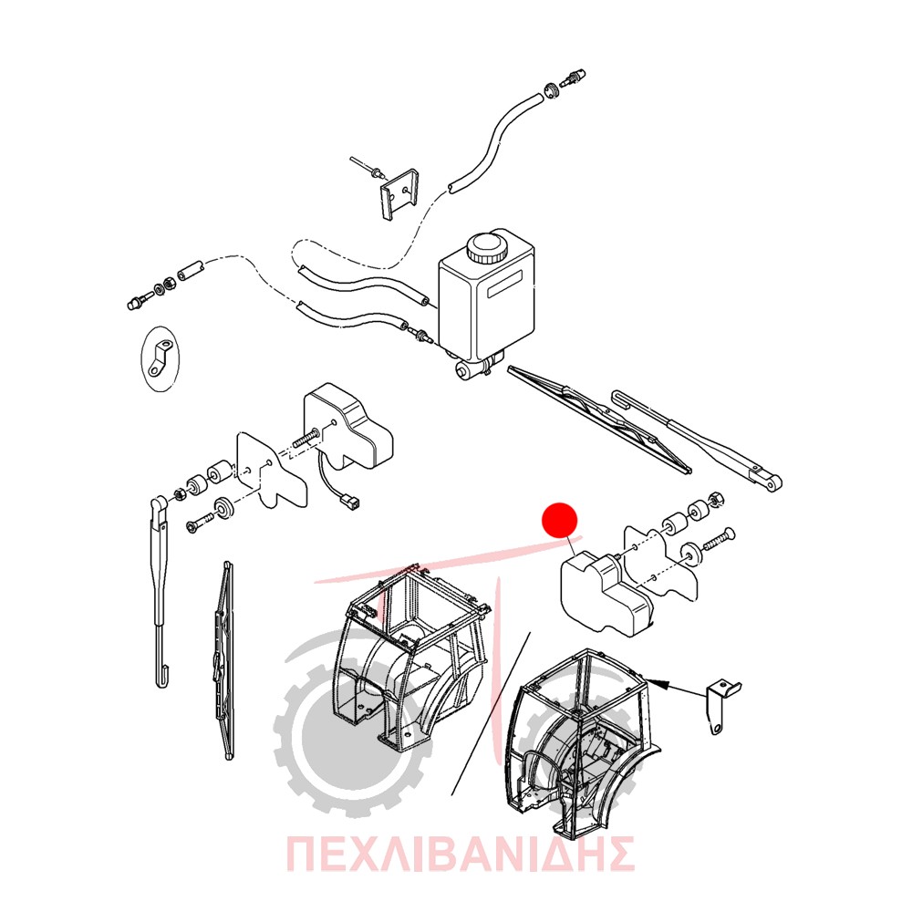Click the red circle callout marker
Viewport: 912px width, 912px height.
559,520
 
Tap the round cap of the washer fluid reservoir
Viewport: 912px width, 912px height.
486,248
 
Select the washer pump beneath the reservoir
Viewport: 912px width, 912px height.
476,367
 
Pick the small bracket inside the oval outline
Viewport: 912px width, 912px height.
160,358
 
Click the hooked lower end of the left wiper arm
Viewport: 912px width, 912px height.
163,679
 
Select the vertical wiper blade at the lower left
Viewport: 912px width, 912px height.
224,660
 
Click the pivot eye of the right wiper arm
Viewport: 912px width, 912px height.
772,482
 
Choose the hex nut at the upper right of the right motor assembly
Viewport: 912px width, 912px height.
715,500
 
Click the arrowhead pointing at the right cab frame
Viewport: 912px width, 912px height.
654,681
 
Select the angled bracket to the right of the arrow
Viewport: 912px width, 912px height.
723,705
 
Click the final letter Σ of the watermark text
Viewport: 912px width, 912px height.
619,854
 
